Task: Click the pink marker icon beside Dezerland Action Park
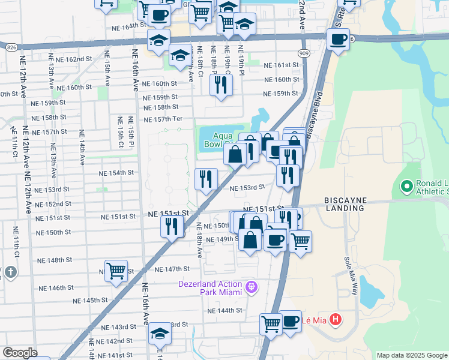tap(252, 288)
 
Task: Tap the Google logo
tap(19, 353)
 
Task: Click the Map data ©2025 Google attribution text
tap(411, 355)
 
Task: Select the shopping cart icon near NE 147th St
tap(115, 270)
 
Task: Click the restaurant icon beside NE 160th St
tap(221, 85)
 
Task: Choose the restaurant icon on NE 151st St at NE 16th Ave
tap(172, 226)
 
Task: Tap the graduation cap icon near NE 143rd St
tap(160, 333)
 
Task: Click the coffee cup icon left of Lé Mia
tap(291, 320)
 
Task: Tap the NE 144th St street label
tap(224, 311)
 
